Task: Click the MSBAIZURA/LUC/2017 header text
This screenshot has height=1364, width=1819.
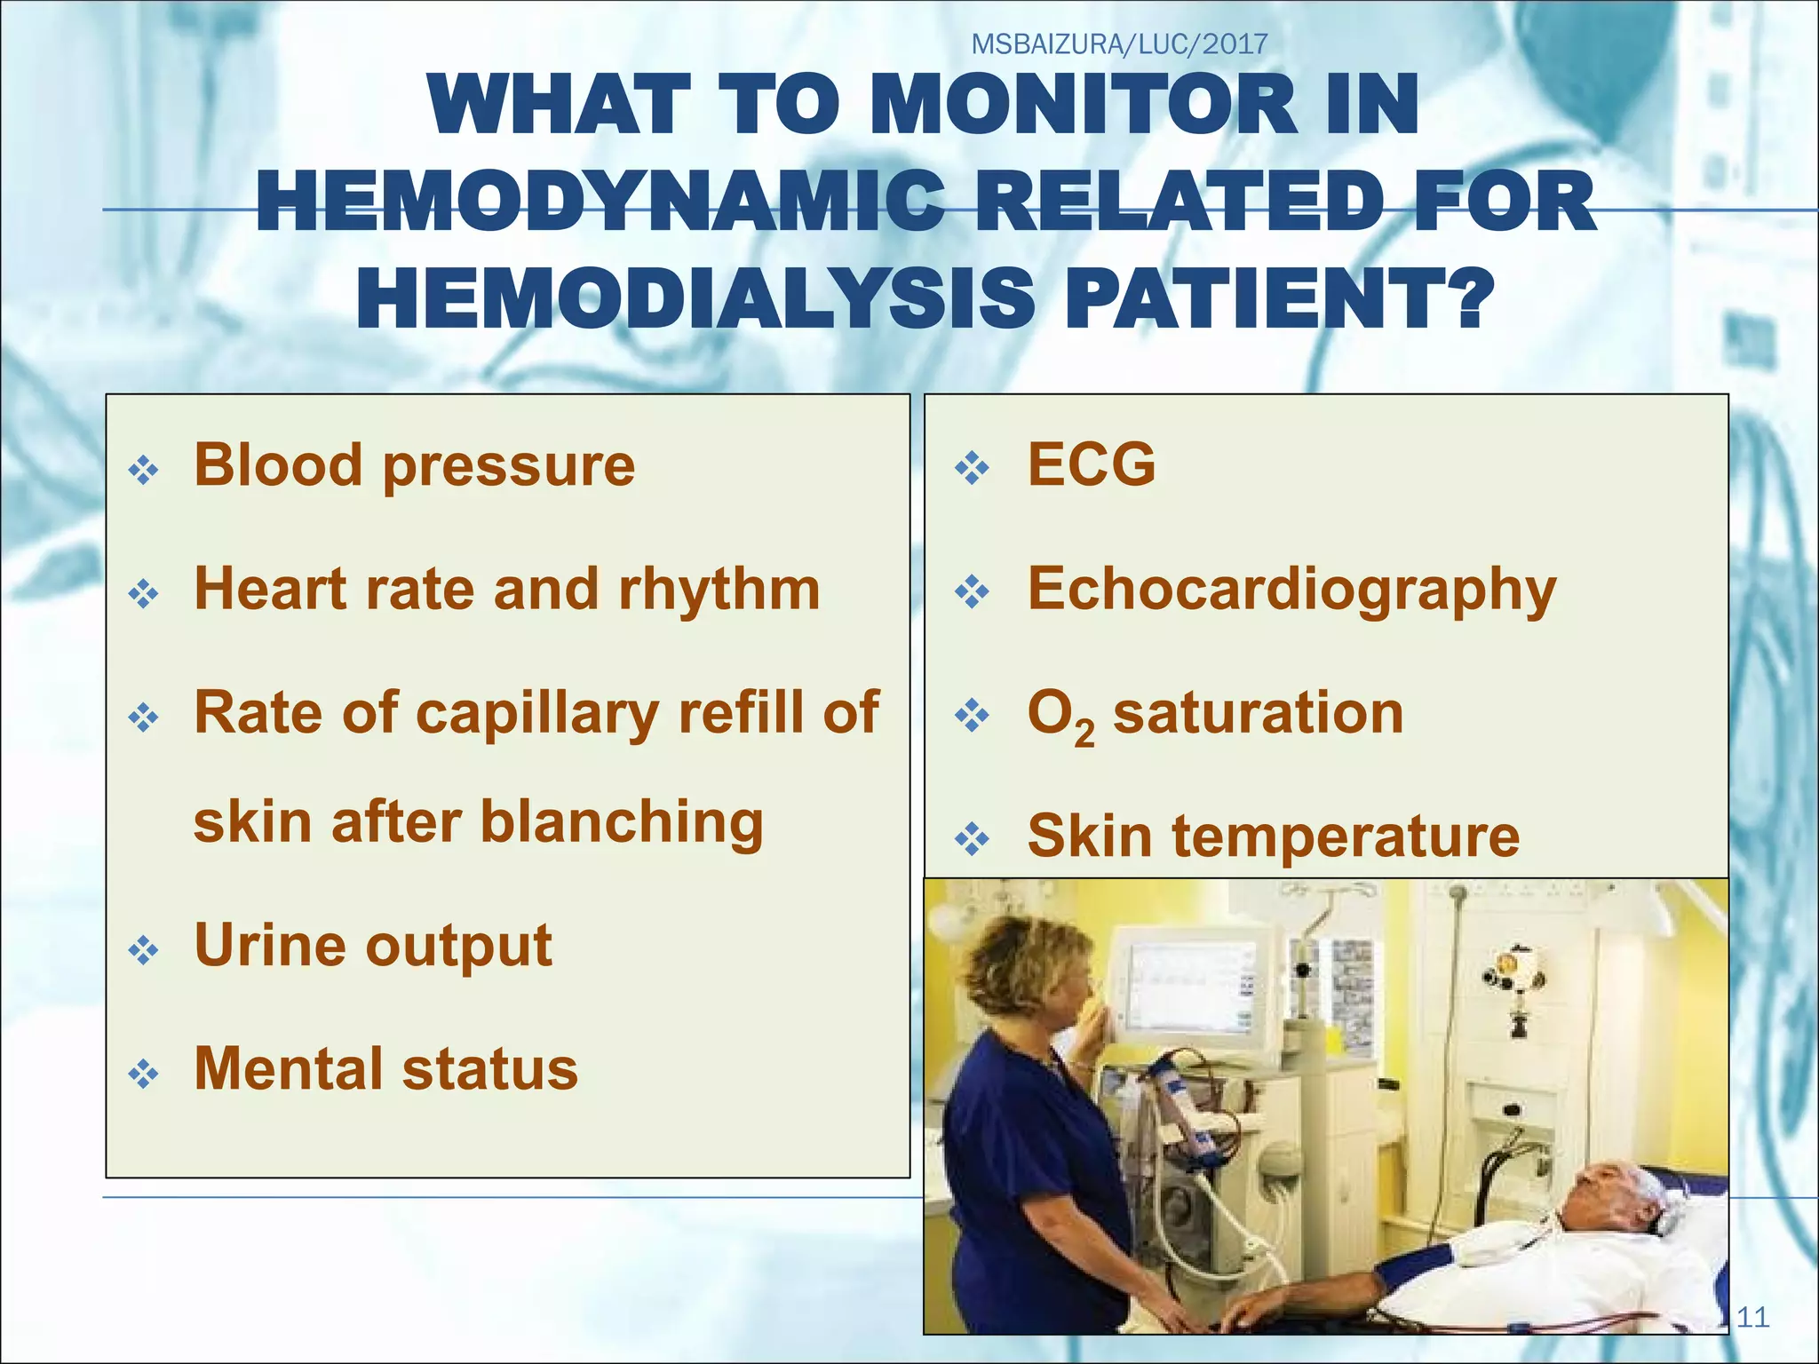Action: tap(1119, 44)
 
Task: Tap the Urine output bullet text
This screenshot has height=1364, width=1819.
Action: tap(373, 945)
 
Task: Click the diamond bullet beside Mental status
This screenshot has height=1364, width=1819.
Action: tap(143, 1075)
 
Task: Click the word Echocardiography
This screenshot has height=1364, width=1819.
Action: tap(1291, 591)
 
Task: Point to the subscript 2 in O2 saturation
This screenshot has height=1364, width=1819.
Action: tap(1084, 734)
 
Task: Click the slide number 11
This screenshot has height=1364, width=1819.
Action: tap(1752, 1317)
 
